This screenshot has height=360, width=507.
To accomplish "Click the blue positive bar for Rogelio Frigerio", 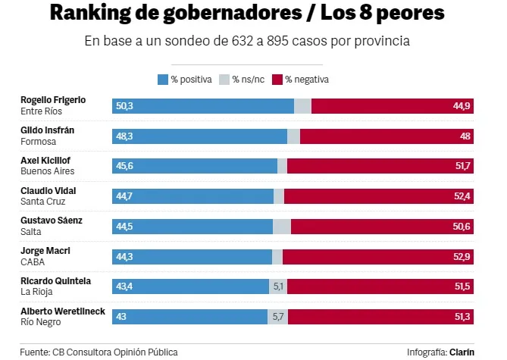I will [x=203, y=106].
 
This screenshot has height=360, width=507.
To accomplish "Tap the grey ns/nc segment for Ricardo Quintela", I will [x=278, y=287].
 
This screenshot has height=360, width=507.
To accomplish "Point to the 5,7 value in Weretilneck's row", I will [x=278, y=317].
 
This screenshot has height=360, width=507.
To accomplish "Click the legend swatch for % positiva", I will [x=162, y=80].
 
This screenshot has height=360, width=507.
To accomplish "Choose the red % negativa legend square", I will [x=277, y=80].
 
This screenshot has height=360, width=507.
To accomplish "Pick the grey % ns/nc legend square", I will [x=224, y=80].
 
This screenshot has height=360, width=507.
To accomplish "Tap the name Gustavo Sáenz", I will [x=51, y=221].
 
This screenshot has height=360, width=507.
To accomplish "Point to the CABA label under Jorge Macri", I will [x=33, y=262].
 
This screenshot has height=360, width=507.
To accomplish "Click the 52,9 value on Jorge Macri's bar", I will [x=462, y=257].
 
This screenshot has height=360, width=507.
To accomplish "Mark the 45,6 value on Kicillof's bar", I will [x=124, y=166].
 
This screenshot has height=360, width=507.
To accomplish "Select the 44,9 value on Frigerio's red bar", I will [x=462, y=106].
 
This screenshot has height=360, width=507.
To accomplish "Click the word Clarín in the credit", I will [x=462, y=352].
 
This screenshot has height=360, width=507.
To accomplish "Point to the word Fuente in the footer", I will [x=35, y=352].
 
